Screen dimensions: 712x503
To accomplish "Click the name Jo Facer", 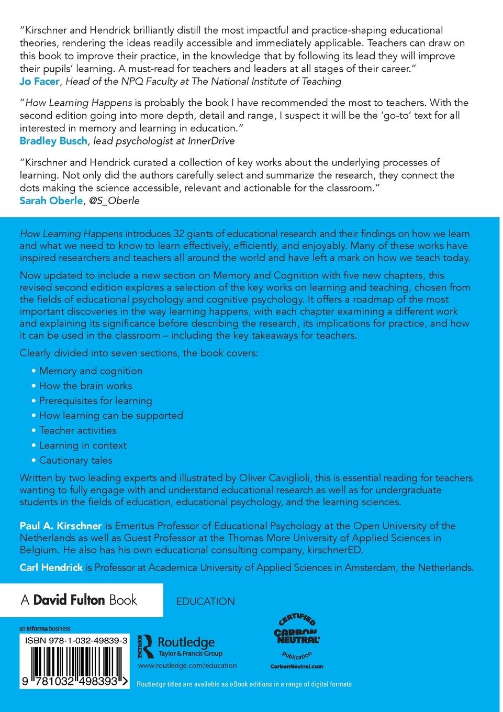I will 40,81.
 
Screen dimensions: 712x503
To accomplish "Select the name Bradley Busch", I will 53,141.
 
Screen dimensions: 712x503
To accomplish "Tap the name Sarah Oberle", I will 51,201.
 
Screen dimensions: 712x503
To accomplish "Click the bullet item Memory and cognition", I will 91,371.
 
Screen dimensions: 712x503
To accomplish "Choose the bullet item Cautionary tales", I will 75,460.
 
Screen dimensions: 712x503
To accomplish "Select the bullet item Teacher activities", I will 77,430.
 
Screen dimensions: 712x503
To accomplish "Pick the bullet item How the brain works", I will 85,386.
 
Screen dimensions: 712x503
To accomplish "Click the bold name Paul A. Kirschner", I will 61,526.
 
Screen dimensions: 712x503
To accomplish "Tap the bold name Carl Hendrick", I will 51,568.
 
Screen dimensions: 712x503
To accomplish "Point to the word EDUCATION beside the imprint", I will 206,602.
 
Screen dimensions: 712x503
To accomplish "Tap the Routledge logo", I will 180,645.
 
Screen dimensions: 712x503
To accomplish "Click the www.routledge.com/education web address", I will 187,665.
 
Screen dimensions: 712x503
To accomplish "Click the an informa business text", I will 45,628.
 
